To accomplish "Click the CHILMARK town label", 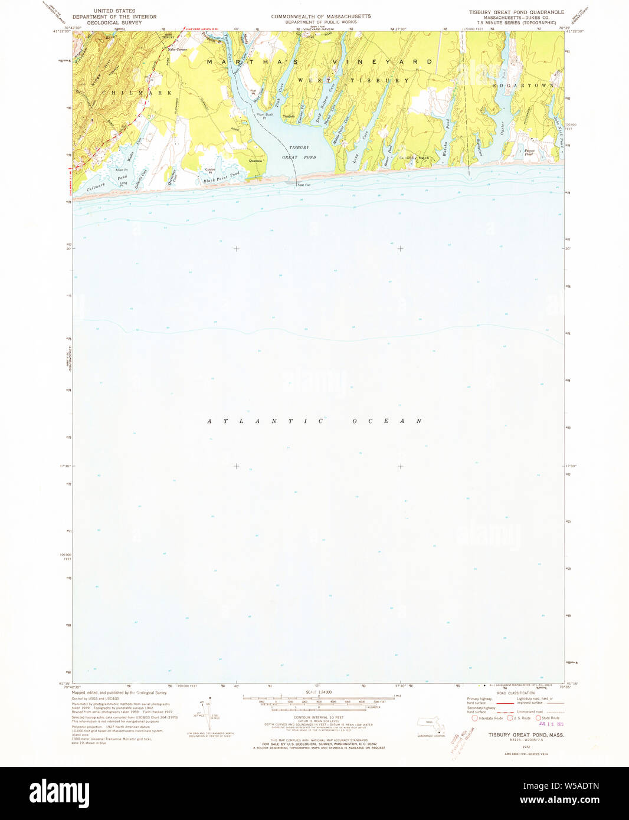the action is (136, 93).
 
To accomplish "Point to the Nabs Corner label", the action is (177, 50).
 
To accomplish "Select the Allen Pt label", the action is (122, 170).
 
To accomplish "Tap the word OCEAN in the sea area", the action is (387, 421).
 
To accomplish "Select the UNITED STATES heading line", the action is (114, 11).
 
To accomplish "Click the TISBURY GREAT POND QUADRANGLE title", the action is (516, 12).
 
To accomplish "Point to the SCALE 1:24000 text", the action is (319, 691).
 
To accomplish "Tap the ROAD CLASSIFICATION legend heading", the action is (515, 693).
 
